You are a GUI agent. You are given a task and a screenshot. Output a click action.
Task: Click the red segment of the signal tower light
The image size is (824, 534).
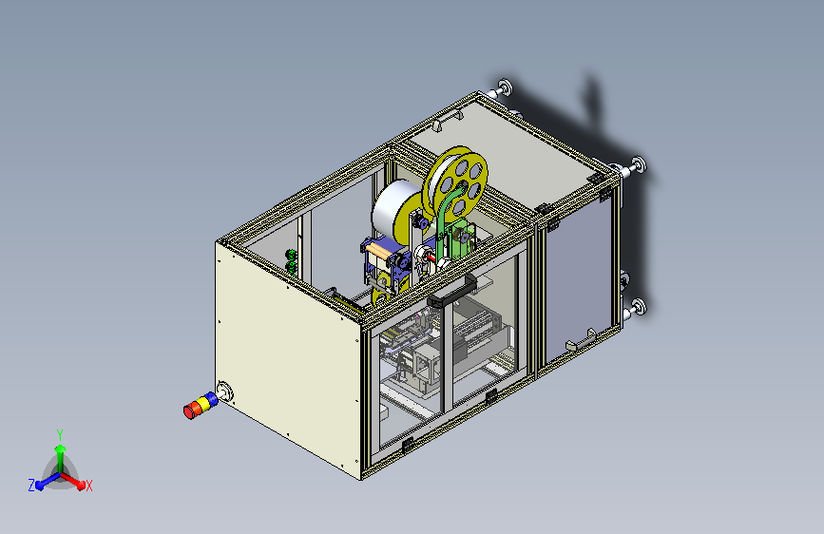[190, 410]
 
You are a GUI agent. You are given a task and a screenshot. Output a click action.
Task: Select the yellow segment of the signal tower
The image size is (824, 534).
[201, 405]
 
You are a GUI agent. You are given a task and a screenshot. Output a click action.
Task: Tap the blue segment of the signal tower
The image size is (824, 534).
[210, 401]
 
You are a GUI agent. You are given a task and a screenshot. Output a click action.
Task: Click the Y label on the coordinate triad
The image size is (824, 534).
[60, 434]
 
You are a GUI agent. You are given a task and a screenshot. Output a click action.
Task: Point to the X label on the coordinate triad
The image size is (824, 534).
[88, 486]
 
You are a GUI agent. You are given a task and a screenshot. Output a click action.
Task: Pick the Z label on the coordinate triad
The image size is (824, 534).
[31, 486]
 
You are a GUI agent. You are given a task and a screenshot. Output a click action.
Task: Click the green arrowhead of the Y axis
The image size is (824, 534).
[61, 448]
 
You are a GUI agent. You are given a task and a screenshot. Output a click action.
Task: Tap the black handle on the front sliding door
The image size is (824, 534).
[452, 292]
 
